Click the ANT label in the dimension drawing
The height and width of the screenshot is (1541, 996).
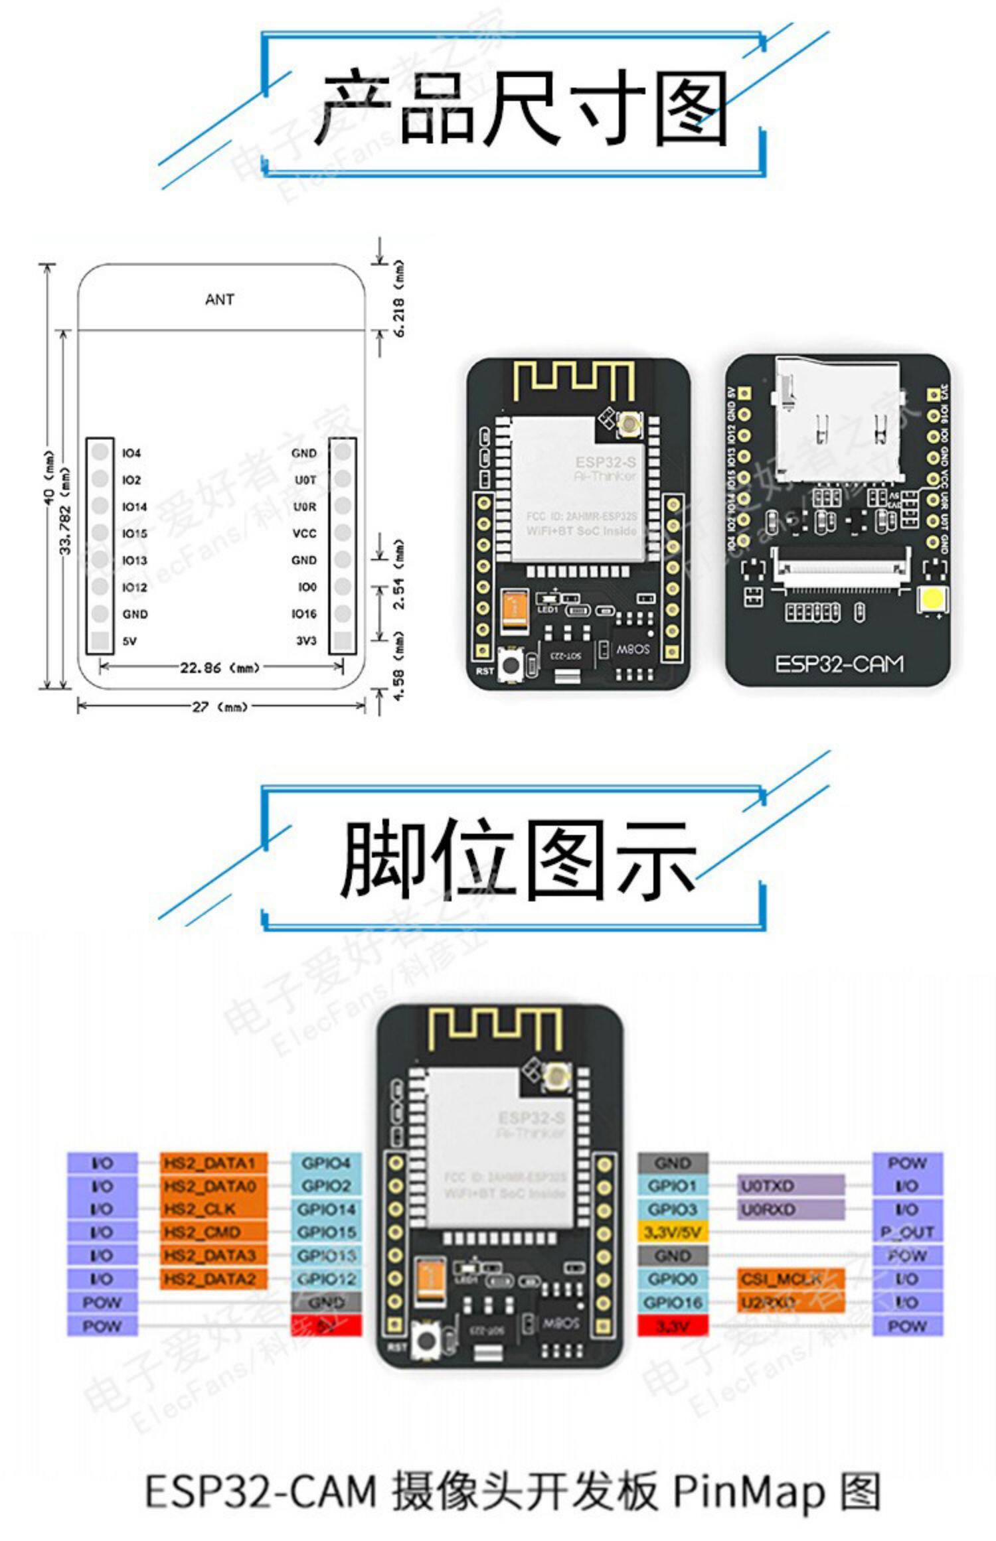coord(219,300)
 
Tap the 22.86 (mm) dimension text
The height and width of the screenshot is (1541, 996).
coord(219,668)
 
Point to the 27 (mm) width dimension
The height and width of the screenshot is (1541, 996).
coord(219,707)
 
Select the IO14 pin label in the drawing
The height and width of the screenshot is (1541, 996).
coord(134,507)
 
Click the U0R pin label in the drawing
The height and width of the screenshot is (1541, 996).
coord(305,507)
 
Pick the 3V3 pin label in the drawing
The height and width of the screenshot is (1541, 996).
coord(306,641)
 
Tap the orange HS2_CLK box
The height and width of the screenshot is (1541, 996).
coord(213,1209)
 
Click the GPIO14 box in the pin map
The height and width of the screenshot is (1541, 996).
coord(327,1209)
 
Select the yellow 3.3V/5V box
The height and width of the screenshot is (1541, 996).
coord(673,1232)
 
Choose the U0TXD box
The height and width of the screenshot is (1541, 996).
coord(791,1186)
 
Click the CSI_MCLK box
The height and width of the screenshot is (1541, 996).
coord(791,1279)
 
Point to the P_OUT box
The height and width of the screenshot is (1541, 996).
coord(907,1232)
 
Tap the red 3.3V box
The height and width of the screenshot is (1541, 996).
coord(673,1326)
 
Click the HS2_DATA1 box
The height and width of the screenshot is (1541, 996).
coord(213,1163)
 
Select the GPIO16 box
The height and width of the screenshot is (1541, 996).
coord(673,1302)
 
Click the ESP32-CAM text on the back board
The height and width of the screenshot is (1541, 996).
coord(839,664)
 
